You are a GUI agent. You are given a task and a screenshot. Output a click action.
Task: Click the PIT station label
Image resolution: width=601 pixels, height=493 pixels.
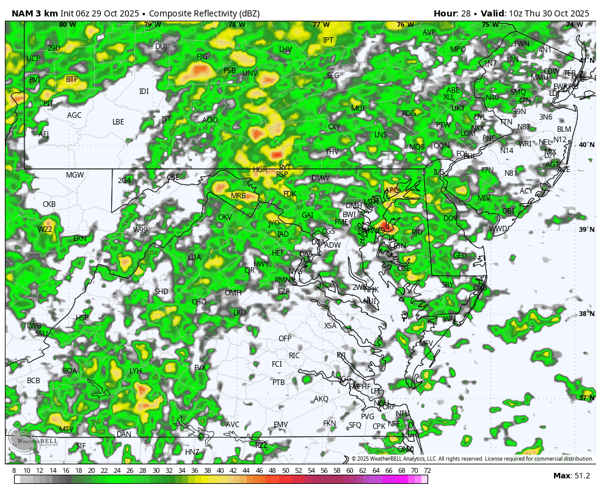[48, 104]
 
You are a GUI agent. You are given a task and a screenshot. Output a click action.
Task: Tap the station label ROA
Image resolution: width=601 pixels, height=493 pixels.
[70, 370]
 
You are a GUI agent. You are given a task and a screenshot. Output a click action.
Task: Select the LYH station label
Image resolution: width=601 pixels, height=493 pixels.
[136, 370]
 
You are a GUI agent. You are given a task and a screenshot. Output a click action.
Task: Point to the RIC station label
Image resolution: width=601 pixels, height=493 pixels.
[294, 355]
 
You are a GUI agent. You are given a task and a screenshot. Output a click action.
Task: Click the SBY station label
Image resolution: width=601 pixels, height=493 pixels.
[448, 285]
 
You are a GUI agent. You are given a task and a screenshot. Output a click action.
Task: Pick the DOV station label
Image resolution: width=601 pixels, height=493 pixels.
[451, 218]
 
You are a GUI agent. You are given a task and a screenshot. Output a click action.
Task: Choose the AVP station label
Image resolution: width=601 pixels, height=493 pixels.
[429, 32]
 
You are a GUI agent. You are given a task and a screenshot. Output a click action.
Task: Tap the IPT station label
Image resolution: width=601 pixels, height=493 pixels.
[328, 40]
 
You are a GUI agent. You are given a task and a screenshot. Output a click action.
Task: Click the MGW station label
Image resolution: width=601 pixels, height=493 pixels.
[75, 175]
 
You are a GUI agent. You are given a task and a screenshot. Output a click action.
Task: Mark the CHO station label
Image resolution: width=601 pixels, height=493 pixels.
[199, 302]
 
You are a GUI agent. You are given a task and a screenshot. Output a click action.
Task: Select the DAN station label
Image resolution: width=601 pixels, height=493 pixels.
[124, 434]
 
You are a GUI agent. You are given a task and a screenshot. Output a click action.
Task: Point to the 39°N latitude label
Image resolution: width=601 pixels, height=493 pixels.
[586, 229]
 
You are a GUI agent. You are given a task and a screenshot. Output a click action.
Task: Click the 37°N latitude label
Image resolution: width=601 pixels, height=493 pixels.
[586, 398]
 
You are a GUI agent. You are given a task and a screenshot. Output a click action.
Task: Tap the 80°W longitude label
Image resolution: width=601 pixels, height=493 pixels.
[68, 25]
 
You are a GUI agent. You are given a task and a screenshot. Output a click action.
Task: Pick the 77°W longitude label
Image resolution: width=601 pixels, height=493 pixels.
[321, 25]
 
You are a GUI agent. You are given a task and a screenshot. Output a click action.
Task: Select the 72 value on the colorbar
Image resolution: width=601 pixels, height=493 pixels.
[428, 470]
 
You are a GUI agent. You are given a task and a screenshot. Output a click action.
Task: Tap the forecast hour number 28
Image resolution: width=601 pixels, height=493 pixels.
[462, 13]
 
